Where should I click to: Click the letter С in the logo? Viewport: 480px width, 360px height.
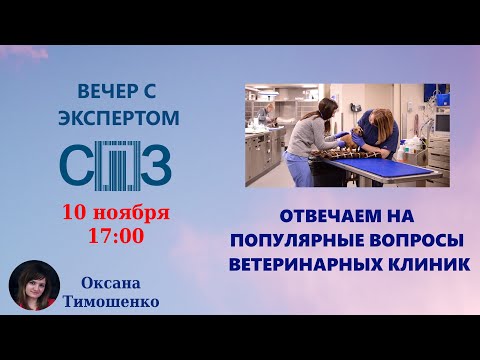click(79, 164)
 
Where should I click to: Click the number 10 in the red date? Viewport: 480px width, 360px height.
click(76, 214)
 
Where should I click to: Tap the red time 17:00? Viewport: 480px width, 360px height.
click(116, 237)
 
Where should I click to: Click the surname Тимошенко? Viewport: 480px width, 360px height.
click(110, 298)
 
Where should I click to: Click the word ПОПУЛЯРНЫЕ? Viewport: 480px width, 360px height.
click(297, 240)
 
